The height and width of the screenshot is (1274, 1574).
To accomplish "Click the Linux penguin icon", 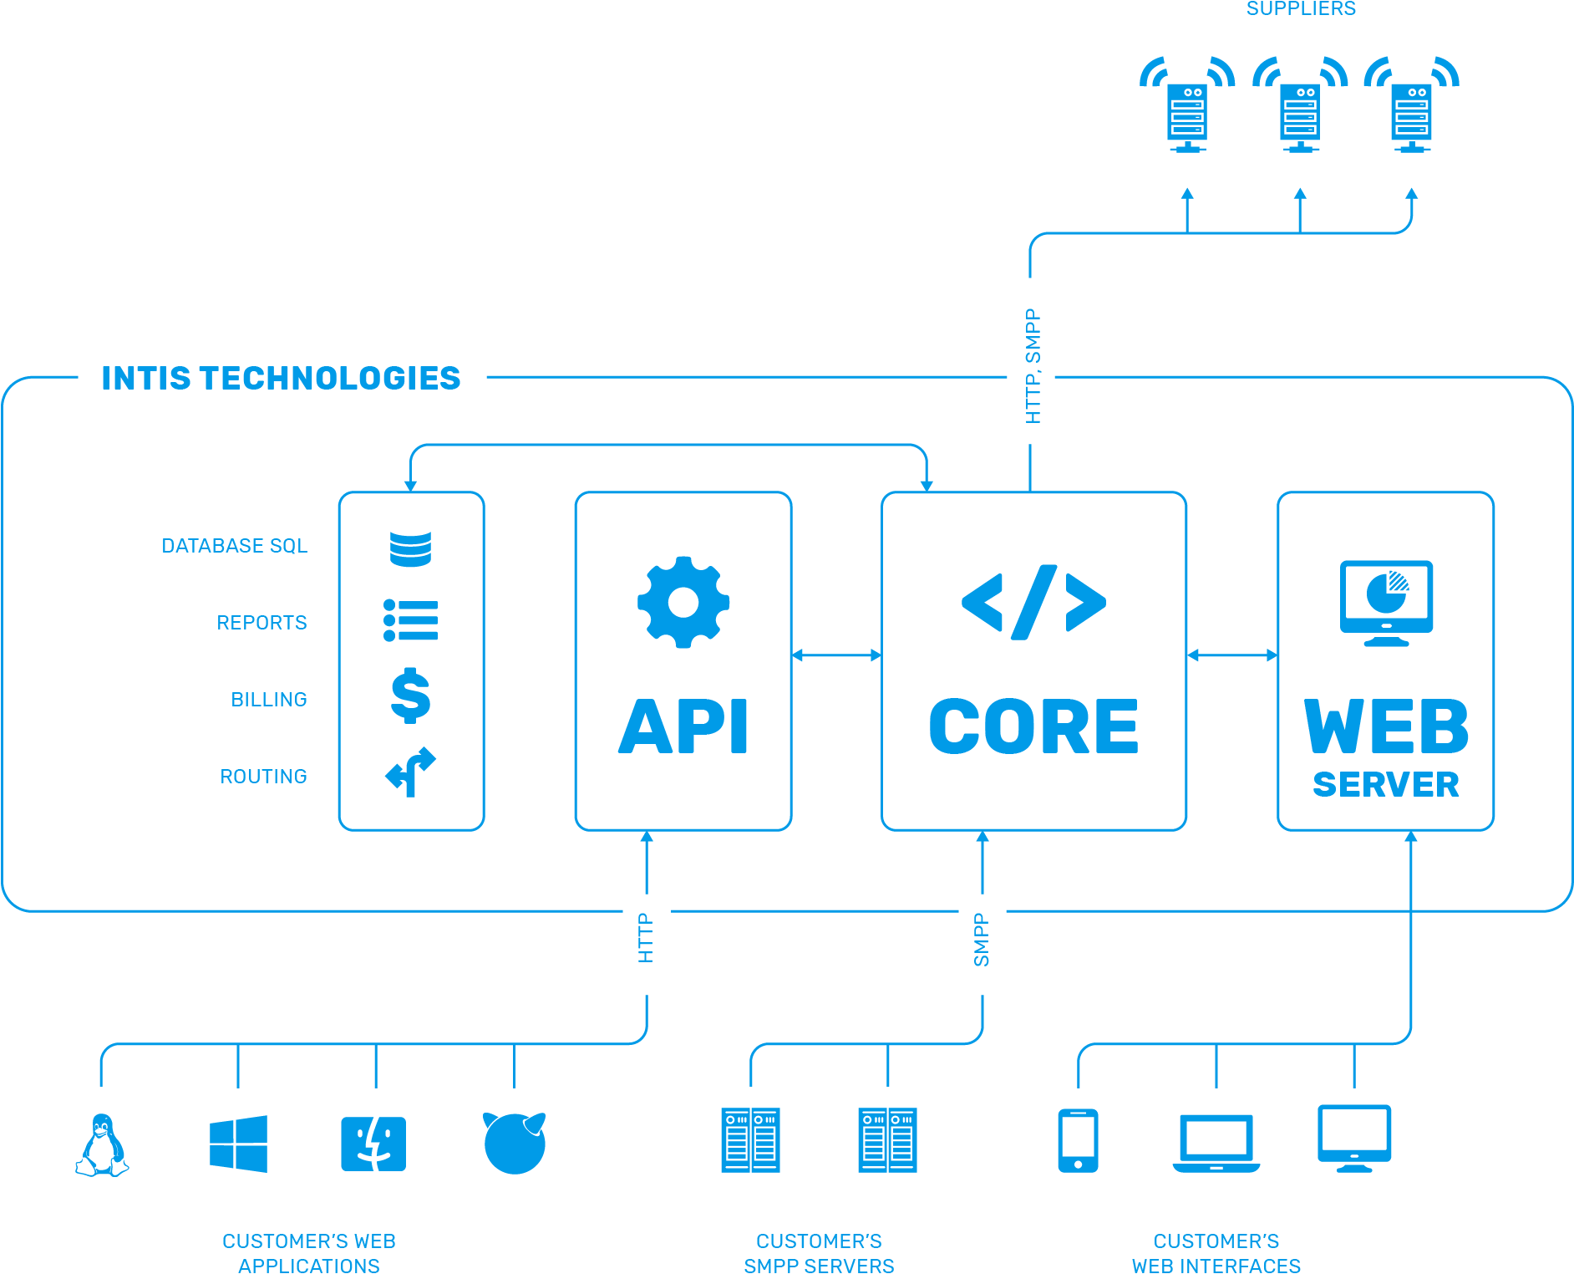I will [102, 1144].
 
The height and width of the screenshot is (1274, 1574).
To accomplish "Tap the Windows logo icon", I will [238, 1144].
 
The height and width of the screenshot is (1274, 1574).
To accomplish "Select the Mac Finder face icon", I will [373, 1144].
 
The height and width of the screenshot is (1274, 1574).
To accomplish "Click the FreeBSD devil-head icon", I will [514, 1143].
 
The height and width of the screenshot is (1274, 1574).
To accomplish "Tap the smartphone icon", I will [1078, 1140].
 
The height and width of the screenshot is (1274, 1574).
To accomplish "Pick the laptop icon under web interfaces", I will [1216, 1143].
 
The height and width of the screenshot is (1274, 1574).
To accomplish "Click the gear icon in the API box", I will [683, 602].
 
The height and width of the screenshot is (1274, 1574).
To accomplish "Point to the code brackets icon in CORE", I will [1033, 602].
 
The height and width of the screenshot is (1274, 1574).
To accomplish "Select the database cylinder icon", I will [410, 543].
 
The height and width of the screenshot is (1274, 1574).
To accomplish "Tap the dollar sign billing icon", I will [410, 696].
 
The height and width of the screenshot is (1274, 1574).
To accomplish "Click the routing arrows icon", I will [410, 771].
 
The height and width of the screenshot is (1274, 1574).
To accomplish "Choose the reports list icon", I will [410, 620].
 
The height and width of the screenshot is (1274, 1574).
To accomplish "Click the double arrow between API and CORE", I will [836, 655].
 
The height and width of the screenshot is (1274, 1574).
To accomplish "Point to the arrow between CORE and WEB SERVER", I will [1231, 655].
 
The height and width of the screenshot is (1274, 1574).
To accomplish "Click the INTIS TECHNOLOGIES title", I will [281, 379].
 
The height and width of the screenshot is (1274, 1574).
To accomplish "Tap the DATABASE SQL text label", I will [234, 546].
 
